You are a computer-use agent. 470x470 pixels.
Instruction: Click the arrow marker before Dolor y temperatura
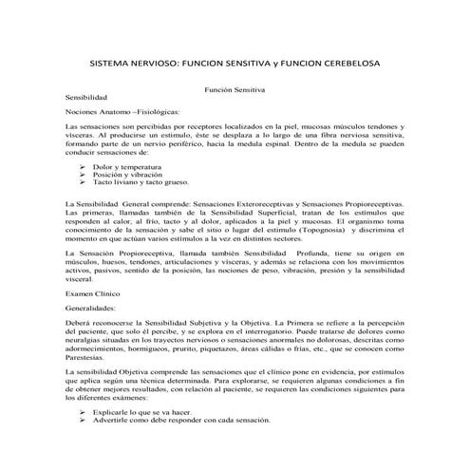(85, 166)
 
